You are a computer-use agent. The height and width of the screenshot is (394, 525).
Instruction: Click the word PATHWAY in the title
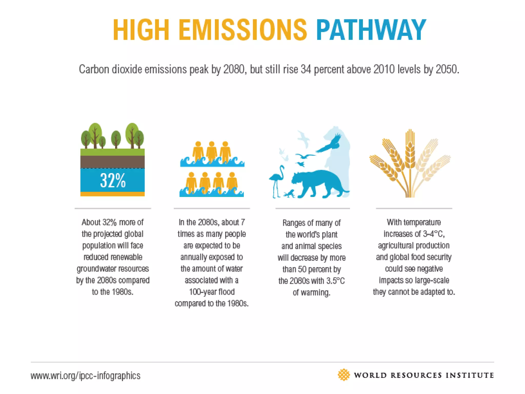pyautogui.click(x=371, y=30)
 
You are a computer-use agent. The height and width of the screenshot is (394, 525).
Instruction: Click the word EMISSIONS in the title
pyautogui.click(x=243, y=30)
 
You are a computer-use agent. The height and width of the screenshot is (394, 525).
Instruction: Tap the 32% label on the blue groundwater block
pyautogui.click(x=113, y=181)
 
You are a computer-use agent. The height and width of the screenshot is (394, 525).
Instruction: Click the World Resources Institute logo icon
pyautogui.click(x=344, y=375)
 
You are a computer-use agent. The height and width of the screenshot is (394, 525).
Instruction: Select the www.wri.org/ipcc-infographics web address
pyautogui.click(x=86, y=376)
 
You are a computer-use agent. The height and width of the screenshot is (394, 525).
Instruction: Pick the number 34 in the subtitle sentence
pyautogui.click(x=306, y=70)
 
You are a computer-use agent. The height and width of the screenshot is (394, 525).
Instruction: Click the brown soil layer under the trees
pyautogui.click(x=113, y=162)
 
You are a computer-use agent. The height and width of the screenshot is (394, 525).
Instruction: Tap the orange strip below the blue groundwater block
pyautogui.click(x=113, y=194)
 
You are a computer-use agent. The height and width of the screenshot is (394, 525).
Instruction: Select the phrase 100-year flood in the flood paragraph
pyautogui.click(x=212, y=292)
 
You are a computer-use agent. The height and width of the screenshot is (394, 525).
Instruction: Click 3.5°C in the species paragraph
pyautogui.click(x=335, y=281)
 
